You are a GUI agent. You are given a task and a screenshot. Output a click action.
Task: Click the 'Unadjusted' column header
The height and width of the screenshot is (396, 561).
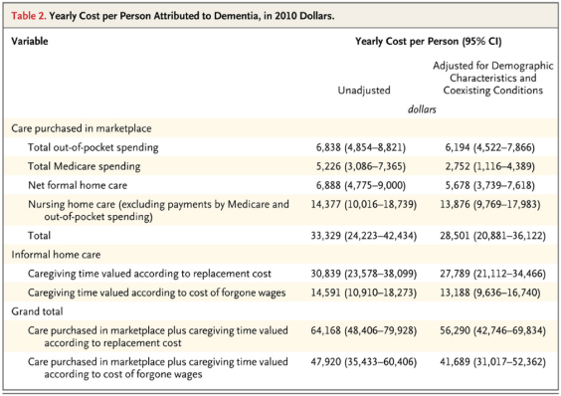(367, 90)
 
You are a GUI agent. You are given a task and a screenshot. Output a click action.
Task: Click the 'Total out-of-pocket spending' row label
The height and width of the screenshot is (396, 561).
(99, 146)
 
